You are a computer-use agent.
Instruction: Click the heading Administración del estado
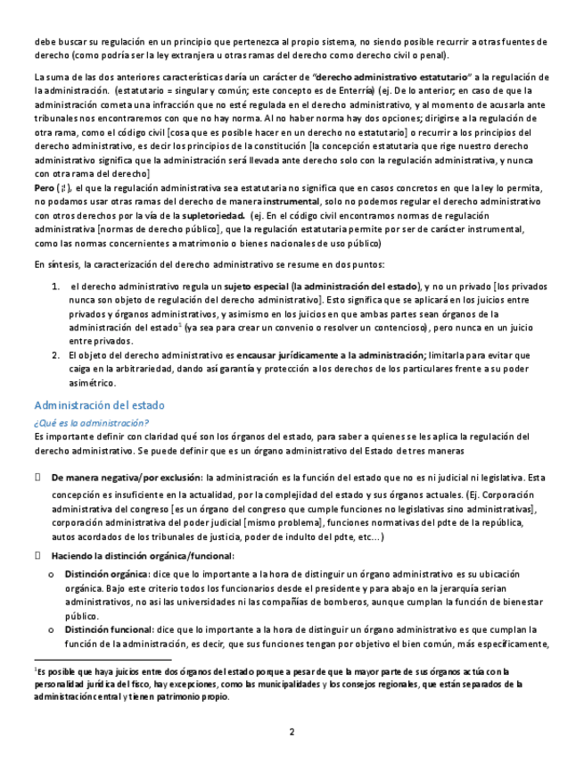click(99, 405)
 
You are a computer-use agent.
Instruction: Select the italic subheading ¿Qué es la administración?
click(91, 421)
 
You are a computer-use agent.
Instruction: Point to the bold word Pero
click(44, 190)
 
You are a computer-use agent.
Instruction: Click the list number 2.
click(55, 355)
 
